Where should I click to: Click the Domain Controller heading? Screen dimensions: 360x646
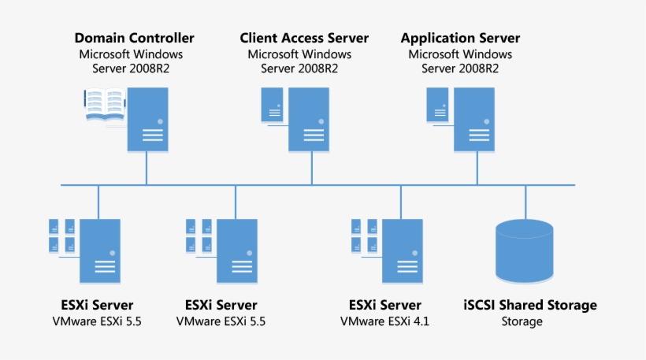tap(134, 38)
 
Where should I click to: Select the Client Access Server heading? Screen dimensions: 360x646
tap(304, 38)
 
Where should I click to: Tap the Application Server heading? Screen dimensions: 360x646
tap(460, 38)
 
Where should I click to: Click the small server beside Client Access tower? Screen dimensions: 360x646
tap(273, 105)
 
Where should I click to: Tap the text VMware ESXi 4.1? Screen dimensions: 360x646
tap(384, 321)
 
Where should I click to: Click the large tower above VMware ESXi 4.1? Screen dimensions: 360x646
tap(400, 251)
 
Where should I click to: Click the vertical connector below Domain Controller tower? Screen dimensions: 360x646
tap(147, 167)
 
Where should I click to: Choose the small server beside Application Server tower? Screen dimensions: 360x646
tap(438, 105)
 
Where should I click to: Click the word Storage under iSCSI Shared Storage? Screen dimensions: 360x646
tap(522, 321)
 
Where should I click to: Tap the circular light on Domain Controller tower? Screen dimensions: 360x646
tap(160, 122)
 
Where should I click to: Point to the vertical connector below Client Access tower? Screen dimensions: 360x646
tap(310, 167)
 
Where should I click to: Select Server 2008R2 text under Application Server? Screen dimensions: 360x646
tap(460, 69)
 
